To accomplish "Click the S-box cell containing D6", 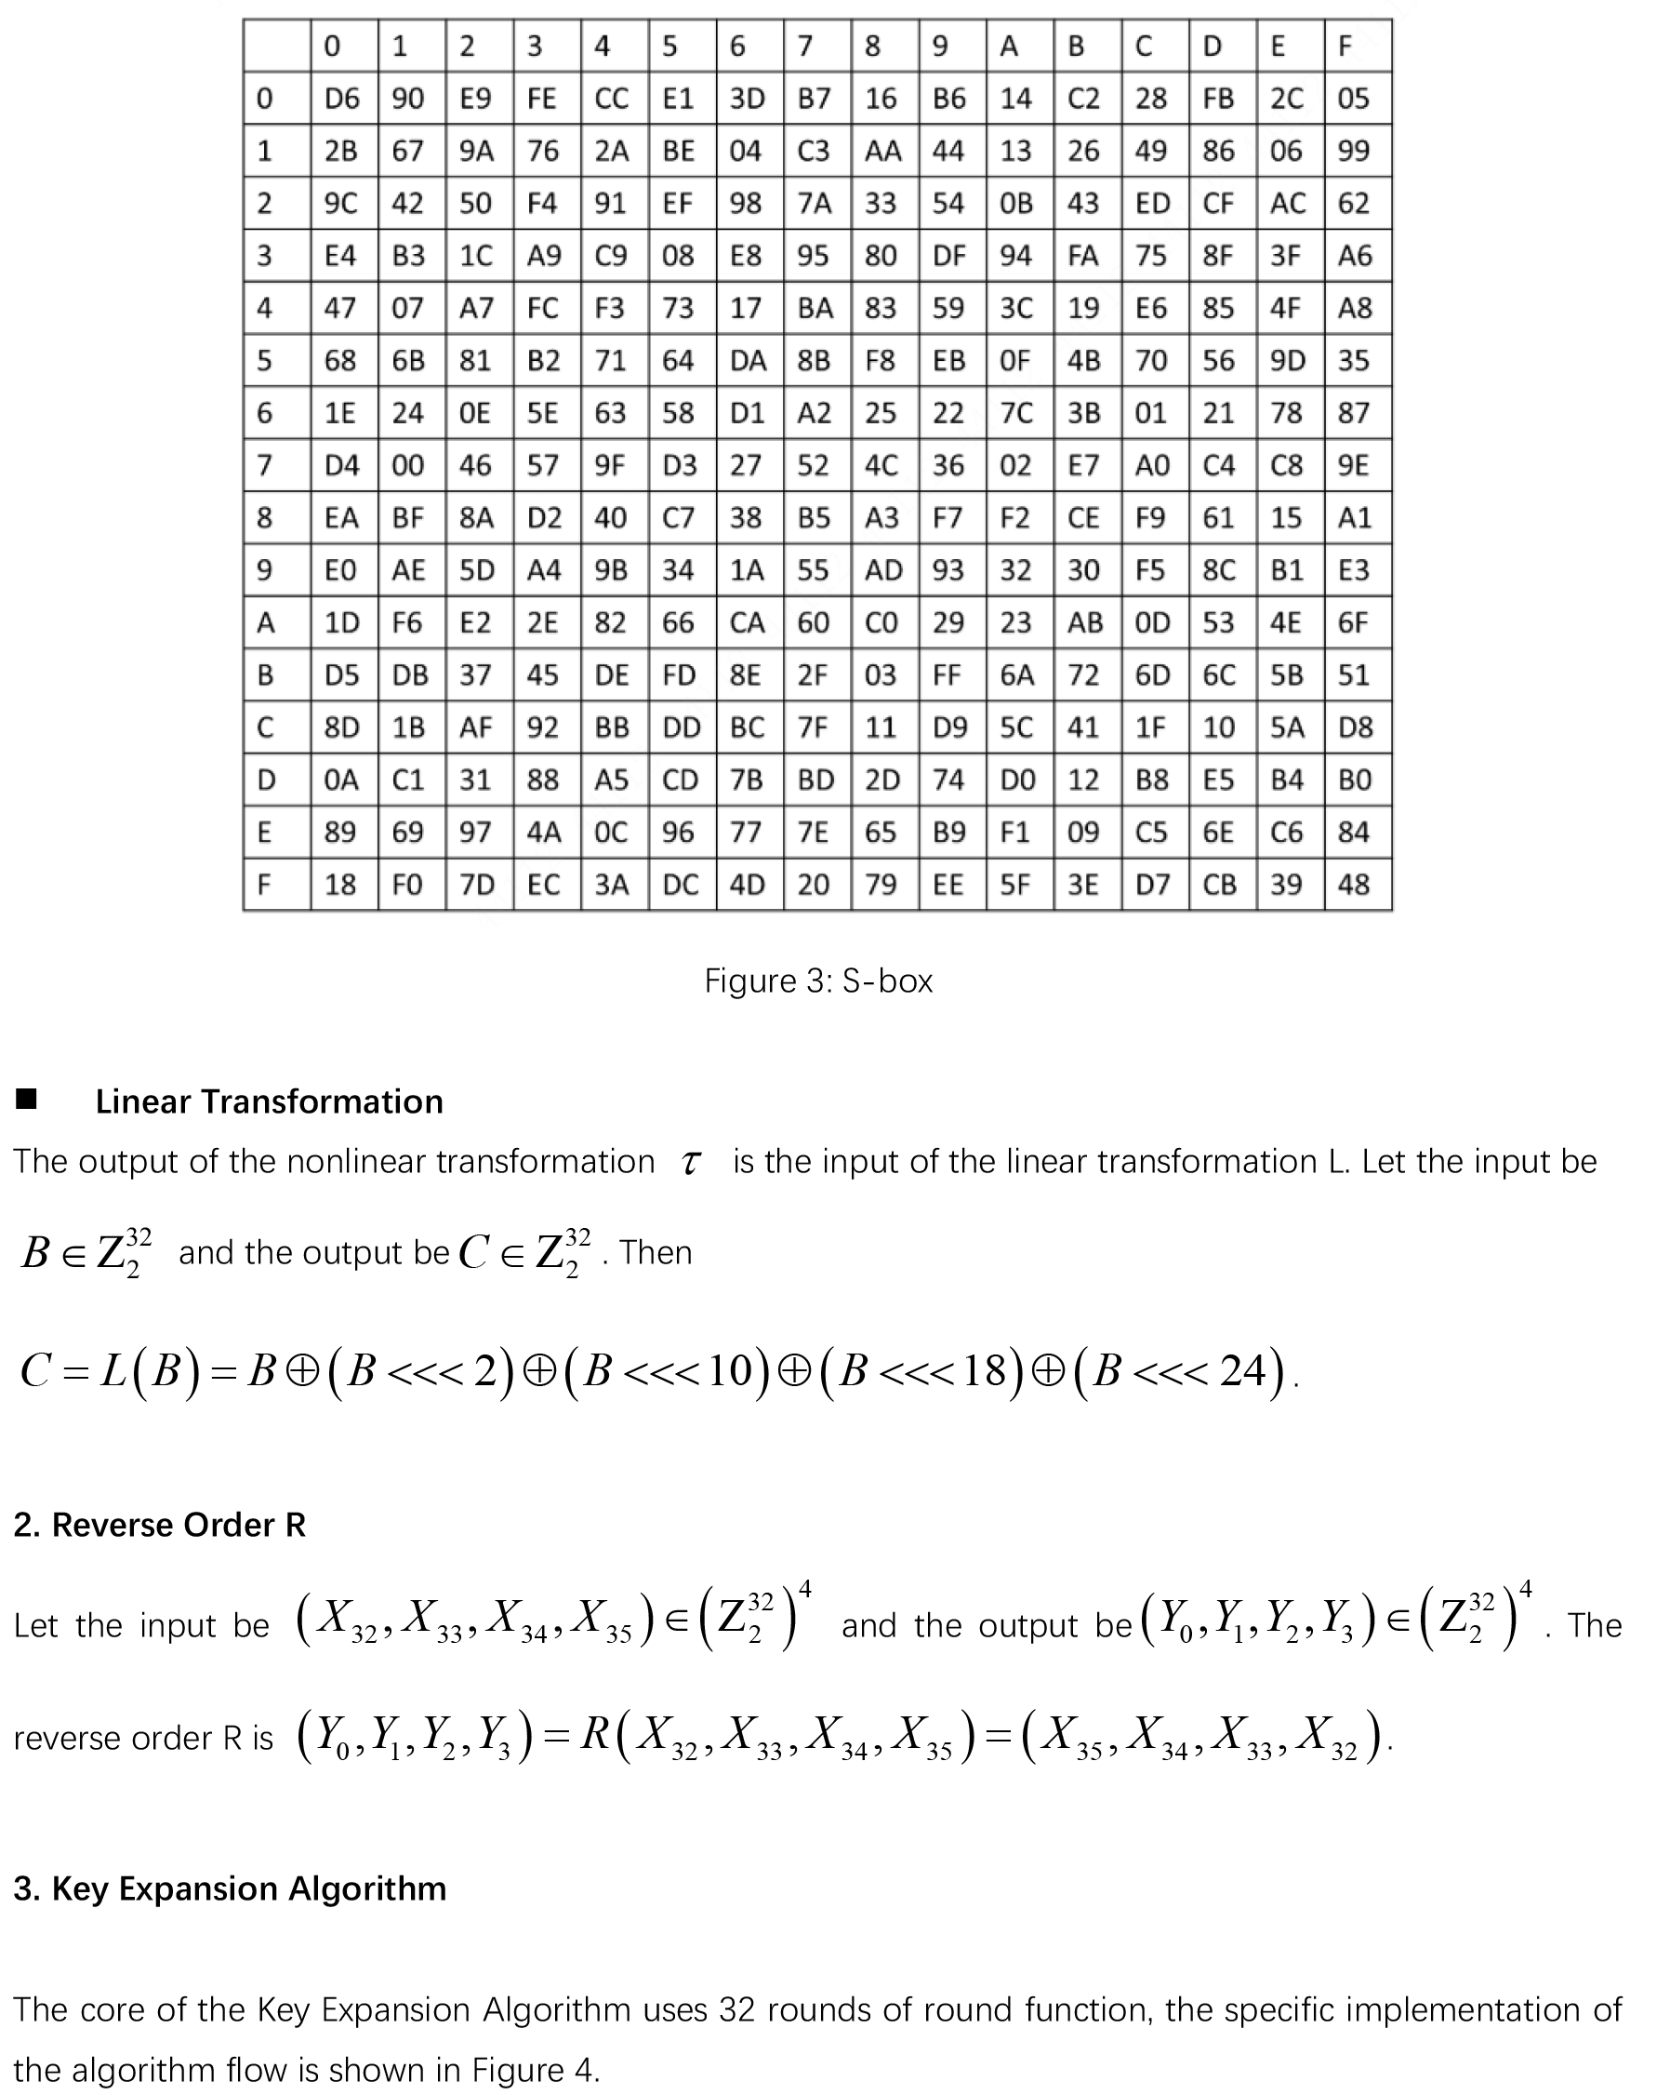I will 342,98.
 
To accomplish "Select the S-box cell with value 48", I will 1353,885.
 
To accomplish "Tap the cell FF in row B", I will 948,674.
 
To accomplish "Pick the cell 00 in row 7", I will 408,465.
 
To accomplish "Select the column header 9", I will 939,46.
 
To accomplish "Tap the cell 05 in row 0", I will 1353,98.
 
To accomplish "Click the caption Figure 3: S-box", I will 818,981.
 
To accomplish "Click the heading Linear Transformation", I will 269,1101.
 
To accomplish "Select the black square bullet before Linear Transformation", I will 26,1099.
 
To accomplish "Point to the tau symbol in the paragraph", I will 690,1163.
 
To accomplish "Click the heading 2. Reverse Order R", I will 159,1525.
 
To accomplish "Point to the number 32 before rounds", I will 736,2009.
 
